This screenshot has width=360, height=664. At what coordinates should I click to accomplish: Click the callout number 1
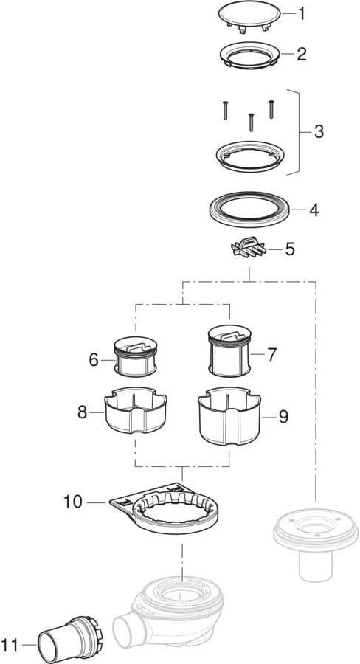pyautogui.click(x=301, y=14)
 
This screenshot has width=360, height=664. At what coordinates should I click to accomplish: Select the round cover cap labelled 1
pyautogui.click(x=249, y=15)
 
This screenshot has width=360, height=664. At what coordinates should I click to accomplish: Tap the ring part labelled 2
pyautogui.click(x=249, y=55)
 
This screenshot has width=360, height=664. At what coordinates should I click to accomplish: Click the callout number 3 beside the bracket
pyautogui.click(x=319, y=132)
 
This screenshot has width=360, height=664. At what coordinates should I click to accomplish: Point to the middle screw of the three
pyautogui.click(x=251, y=122)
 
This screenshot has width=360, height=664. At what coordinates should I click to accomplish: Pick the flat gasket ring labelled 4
pyautogui.click(x=249, y=210)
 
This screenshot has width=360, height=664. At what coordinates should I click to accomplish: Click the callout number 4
pyautogui.click(x=314, y=210)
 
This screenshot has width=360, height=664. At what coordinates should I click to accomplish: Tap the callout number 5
pyautogui.click(x=290, y=249)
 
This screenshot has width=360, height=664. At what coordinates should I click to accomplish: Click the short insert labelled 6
pyautogui.click(x=136, y=356)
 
